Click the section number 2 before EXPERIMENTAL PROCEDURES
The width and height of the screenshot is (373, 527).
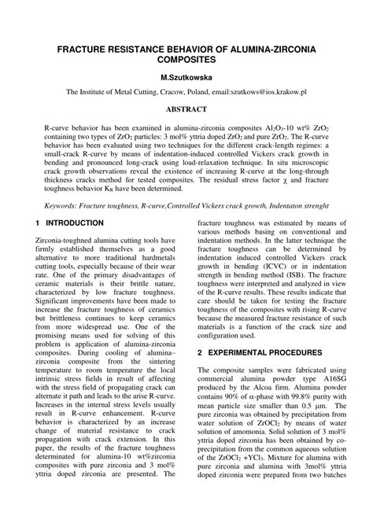coord(201,353)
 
